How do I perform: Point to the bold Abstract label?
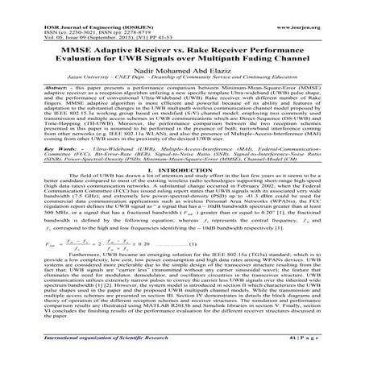pos(35,81)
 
